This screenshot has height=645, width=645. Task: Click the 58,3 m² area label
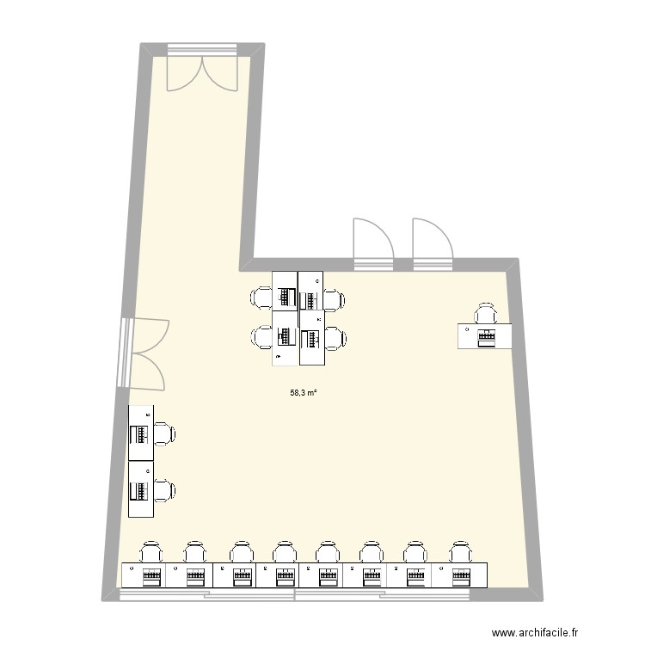[x=304, y=393]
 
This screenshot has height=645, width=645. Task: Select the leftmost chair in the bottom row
[x=151, y=551]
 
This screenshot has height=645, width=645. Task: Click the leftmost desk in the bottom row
[x=144, y=574]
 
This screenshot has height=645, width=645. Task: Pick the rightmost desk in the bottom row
[x=464, y=574]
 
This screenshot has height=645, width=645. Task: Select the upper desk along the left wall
[x=141, y=433]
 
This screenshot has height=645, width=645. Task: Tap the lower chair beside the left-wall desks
[x=163, y=491]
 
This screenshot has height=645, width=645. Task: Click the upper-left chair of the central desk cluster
[x=261, y=298]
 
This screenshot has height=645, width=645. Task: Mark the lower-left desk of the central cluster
[x=285, y=339]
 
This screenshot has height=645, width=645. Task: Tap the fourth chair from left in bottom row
[x=283, y=551]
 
